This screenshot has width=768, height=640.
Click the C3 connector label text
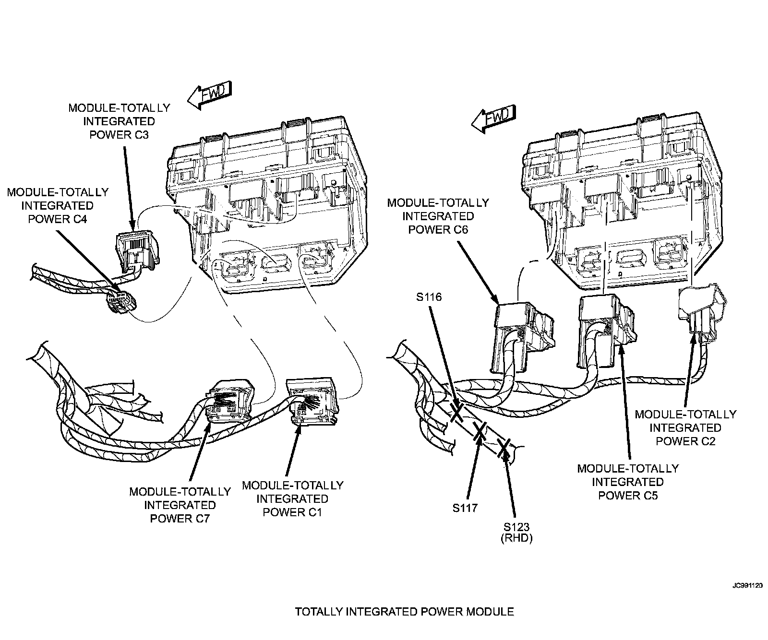click(x=119, y=121)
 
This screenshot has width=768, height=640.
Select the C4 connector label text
click(x=58, y=205)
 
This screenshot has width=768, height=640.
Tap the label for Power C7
click(x=180, y=505)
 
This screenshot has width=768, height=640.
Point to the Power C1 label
click(x=292, y=498)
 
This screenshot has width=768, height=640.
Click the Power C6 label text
click(x=438, y=216)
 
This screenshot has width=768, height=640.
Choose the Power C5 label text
click(x=628, y=482)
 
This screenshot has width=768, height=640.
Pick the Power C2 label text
click(x=685, y=427)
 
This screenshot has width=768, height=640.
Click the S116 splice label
click(x=429, y=297)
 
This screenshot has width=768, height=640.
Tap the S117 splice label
click(x=465, y=508)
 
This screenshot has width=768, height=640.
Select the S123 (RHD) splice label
click(x=516, y=532)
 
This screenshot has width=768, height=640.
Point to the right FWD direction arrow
click(x=493, y=118)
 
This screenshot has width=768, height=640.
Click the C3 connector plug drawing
click(x=138, y=249)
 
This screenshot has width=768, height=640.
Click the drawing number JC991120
click(x=747, y=586)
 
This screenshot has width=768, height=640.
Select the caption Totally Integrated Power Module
click(x=404, y=612)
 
